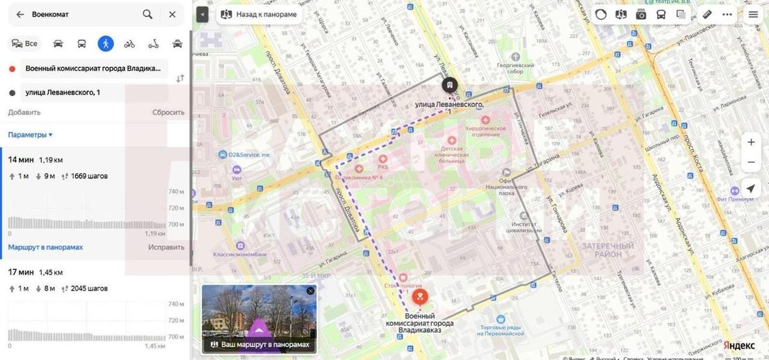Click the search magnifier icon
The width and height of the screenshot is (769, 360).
[147, 14]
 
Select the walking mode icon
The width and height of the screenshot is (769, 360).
[106, 44]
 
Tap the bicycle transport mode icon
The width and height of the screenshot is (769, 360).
[129, 44]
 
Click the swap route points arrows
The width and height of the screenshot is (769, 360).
[180, 78]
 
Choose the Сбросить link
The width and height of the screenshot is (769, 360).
[168, 112]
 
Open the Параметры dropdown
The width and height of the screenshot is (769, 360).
[30, 135]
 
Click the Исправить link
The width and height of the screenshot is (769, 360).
[166, 247]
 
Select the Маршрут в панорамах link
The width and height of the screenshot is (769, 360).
[45, 247]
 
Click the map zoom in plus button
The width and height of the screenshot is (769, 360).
[751, 142]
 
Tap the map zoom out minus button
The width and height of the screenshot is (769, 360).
[751, 163]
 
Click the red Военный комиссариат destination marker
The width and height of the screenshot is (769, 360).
[420, 297]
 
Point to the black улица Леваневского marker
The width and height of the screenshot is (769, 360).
[450, 86]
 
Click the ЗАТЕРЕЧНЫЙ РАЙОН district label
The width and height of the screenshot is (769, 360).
[608, 250]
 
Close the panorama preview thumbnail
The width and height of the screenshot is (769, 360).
[311, 291]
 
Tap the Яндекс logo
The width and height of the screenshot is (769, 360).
[739, 345]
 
